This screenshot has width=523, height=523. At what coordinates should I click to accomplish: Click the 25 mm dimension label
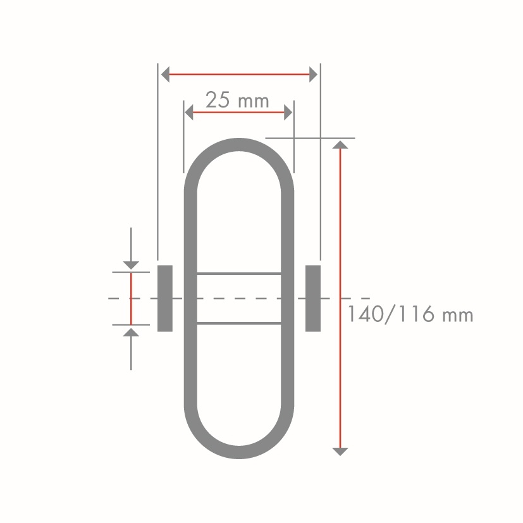[x=237, y=100]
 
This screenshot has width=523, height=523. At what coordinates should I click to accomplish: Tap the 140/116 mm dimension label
[x=410, y=314]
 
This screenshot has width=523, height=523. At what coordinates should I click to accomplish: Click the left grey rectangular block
[x=165, y=298]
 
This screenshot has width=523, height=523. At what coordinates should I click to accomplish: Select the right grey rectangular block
[x=313, y=298]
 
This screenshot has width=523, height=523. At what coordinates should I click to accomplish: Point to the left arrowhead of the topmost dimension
[x=165, y=75]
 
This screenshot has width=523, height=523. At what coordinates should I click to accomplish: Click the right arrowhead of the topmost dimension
[x=313, y=75]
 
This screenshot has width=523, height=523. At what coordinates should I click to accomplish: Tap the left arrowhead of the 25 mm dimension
[x=189, y=113]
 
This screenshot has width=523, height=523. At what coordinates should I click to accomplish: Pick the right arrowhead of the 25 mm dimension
[x=288, y=113]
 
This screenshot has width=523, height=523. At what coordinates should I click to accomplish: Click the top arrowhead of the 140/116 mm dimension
[x=340, y=145]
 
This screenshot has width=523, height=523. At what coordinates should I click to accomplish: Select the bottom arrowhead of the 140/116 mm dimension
[x=340, y=452]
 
